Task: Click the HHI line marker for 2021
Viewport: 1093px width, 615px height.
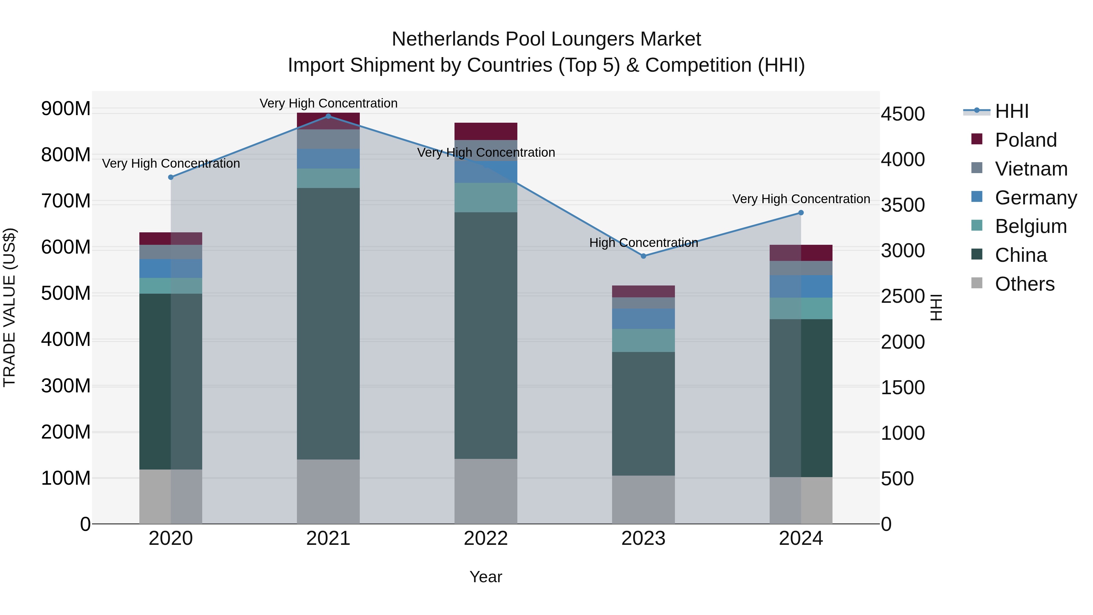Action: [328, 116]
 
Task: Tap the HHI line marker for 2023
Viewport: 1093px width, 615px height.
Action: [643, 256]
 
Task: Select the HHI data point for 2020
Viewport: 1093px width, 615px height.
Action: [171, 177]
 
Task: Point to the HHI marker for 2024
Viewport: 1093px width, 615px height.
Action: [801, 213]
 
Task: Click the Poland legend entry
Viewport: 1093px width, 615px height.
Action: [1025, 140]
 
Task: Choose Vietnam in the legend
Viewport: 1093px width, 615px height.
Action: [1031, 169]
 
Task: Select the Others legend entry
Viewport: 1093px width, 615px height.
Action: [1024, 284]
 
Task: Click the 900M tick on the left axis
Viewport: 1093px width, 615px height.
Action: [66, 109]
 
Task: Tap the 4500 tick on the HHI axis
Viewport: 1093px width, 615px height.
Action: [903, 114]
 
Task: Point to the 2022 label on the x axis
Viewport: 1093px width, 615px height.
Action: [485, 538]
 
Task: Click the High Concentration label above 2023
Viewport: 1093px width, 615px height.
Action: [643, 243]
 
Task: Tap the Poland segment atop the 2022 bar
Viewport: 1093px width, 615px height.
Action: [485, 131]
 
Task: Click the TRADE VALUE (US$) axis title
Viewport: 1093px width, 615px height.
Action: [9, 307]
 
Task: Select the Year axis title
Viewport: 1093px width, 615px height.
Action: [485, 577]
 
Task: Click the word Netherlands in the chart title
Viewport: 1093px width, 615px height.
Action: [445, 39]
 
